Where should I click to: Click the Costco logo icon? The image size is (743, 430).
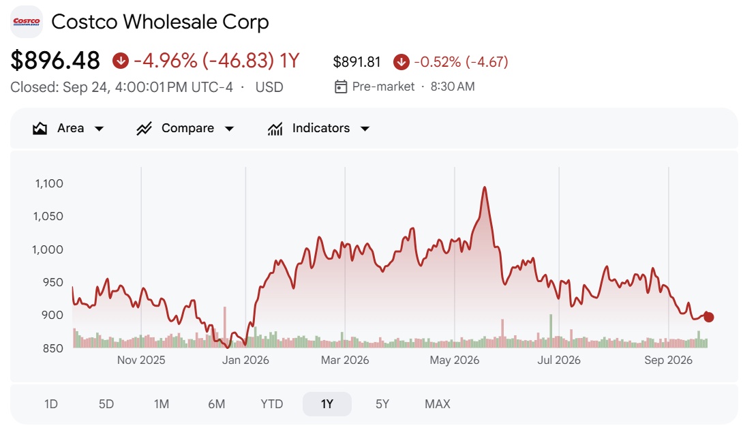coord(27,22)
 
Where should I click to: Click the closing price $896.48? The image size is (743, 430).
coord(55,61)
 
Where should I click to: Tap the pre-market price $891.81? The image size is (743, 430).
coord(357,62)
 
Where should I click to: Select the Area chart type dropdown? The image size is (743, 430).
coord(68,128)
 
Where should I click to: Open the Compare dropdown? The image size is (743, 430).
coord(185,128)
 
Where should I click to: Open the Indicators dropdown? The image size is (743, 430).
coord(318,128)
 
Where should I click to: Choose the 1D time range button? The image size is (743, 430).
coord(50,404)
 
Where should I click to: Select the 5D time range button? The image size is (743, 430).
coord(106,404)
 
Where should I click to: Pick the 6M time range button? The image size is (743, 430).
coord(217,404)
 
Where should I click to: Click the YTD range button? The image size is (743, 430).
coord(271,404)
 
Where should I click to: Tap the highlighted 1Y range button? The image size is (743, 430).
coord(327,404)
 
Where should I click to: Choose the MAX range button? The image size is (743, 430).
coord(438,404)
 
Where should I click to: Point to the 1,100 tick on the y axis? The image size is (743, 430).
coord(49,183)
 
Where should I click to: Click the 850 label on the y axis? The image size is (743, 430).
coord(52,348)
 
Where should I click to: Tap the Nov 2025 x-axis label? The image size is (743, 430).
coord(141,360)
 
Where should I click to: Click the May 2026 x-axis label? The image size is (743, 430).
coord(455,360)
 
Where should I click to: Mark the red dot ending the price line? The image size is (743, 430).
coord(708,317)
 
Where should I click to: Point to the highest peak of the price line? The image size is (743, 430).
coord(484,187)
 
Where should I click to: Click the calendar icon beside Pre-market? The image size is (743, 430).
coord(341,87)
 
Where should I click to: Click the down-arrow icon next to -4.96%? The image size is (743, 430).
coord(121,61)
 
